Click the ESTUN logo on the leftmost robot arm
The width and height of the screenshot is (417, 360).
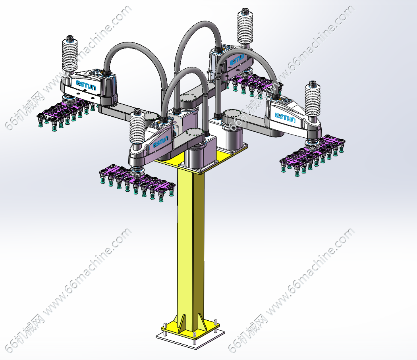[x=86, y=85]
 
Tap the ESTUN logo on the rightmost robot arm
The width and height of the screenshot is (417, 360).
[x=285, y=117]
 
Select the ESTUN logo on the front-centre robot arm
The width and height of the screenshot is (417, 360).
[x=161, y=141]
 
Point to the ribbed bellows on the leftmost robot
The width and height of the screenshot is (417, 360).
[x=70, y=55]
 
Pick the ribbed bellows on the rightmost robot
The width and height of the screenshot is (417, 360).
[x=312, y=100]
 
